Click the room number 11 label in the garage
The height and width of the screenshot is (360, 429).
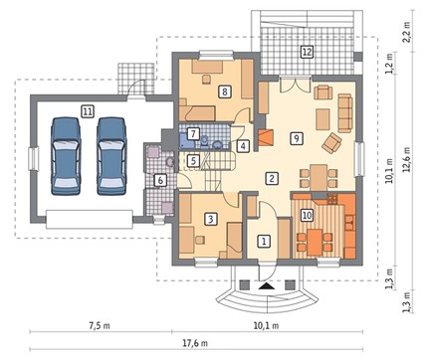click(88, 111)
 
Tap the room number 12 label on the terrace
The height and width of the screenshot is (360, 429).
click(307, 52)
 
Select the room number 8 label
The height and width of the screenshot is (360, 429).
click(225, 91)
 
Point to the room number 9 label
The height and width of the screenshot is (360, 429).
click(296, 138)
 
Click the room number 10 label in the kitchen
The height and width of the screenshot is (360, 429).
click(307, 216)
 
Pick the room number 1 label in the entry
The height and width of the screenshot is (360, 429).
click(264, 241)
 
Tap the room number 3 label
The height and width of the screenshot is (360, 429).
click(211, 219)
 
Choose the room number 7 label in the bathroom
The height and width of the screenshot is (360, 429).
click(193, 134)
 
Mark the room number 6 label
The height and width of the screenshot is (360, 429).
click(160, 180)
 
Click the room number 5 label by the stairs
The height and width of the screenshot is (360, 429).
click(193, 161)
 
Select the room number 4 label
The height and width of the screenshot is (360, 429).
click(243, 146)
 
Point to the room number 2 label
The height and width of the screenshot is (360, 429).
click(272, 178)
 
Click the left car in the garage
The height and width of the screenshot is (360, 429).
click(66, 155)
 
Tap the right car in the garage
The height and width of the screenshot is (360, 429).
click(111, 155)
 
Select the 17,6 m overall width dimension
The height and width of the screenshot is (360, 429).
click(195, 343)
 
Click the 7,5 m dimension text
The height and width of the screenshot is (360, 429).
click(100, 325)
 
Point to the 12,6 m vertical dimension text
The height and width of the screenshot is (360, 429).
click(407, 160)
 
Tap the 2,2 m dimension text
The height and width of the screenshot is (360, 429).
click(407, 32)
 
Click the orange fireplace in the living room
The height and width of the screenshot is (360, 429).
click(266, 137)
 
